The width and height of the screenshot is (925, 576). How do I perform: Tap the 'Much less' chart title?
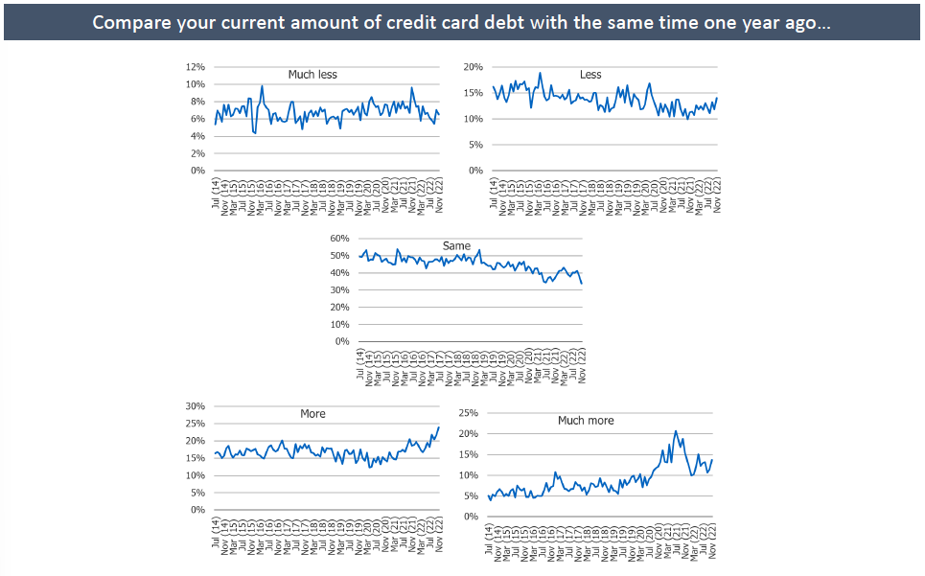[x=312, y=75]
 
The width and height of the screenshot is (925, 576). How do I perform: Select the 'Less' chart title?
[x=590, y=75]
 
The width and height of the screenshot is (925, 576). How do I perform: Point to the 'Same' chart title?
[x=456, y=246]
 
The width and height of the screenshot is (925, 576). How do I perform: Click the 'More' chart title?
[x=312, y=414]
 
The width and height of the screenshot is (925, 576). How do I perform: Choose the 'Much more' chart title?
[x=586, y=421]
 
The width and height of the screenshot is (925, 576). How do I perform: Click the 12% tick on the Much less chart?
[x=196, y=67]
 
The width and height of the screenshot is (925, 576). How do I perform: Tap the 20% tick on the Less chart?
[x=473, y=67]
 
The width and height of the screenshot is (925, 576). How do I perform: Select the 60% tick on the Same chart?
[x=339, y=239]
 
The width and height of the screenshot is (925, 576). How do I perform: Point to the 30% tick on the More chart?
[x=196, y=406]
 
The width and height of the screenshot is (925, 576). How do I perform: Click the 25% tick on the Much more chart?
[x=469, y=413]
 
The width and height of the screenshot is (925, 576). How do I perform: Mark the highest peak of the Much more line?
[x=676, y=431]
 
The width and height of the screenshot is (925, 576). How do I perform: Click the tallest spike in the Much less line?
[x=262, y=85]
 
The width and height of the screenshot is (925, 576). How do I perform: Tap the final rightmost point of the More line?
[x=439, y=427]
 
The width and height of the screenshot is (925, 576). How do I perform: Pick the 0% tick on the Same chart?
[x=342, y=342]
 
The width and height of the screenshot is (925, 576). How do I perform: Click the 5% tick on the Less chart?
[x=475, y=145]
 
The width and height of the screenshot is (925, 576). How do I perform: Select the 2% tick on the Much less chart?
[x=198, y=153]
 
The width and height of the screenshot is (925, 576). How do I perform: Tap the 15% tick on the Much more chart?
[x=469, y=455]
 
